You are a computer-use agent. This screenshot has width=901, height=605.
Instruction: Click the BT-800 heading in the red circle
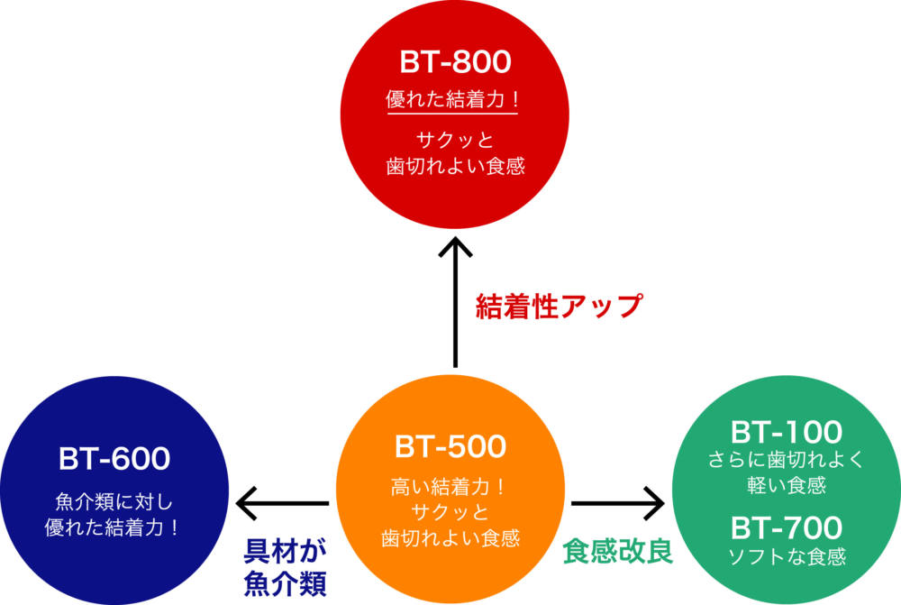(455, 61)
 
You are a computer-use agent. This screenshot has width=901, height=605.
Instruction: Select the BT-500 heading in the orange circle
(450, 446)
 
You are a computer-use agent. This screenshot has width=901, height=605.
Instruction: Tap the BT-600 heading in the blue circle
(114, 458)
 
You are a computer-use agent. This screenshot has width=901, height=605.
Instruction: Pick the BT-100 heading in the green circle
(786, 432)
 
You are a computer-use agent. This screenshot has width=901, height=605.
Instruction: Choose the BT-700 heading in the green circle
(786, 527)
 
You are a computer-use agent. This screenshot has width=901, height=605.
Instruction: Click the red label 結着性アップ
(559, 306)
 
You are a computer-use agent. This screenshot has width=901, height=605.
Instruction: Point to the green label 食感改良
(618, 551)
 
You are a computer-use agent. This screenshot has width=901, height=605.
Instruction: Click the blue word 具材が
(285, 551)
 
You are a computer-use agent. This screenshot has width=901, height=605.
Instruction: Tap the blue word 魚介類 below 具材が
(285, 583)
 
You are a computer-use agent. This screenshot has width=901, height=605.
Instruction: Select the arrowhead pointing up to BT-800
(455, 246)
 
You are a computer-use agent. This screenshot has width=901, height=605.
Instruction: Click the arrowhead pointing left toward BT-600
(247, 503)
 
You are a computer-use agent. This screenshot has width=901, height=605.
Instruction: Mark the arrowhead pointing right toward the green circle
(654, 503)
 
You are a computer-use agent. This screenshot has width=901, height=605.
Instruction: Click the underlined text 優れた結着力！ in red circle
(453, 99)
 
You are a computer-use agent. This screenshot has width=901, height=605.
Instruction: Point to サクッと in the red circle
(454, 140)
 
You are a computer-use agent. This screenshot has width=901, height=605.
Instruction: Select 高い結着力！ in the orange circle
(448, 487)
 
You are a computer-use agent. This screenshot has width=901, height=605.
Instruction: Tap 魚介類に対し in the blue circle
(114, 501)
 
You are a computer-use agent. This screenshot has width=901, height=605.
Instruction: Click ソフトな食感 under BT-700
(787, 556)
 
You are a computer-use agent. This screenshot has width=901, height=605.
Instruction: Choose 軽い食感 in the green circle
(786, 485)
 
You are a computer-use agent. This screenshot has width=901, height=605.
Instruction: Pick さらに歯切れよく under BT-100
(786, 459)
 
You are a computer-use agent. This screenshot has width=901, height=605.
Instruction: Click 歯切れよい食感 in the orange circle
(450, 537)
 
